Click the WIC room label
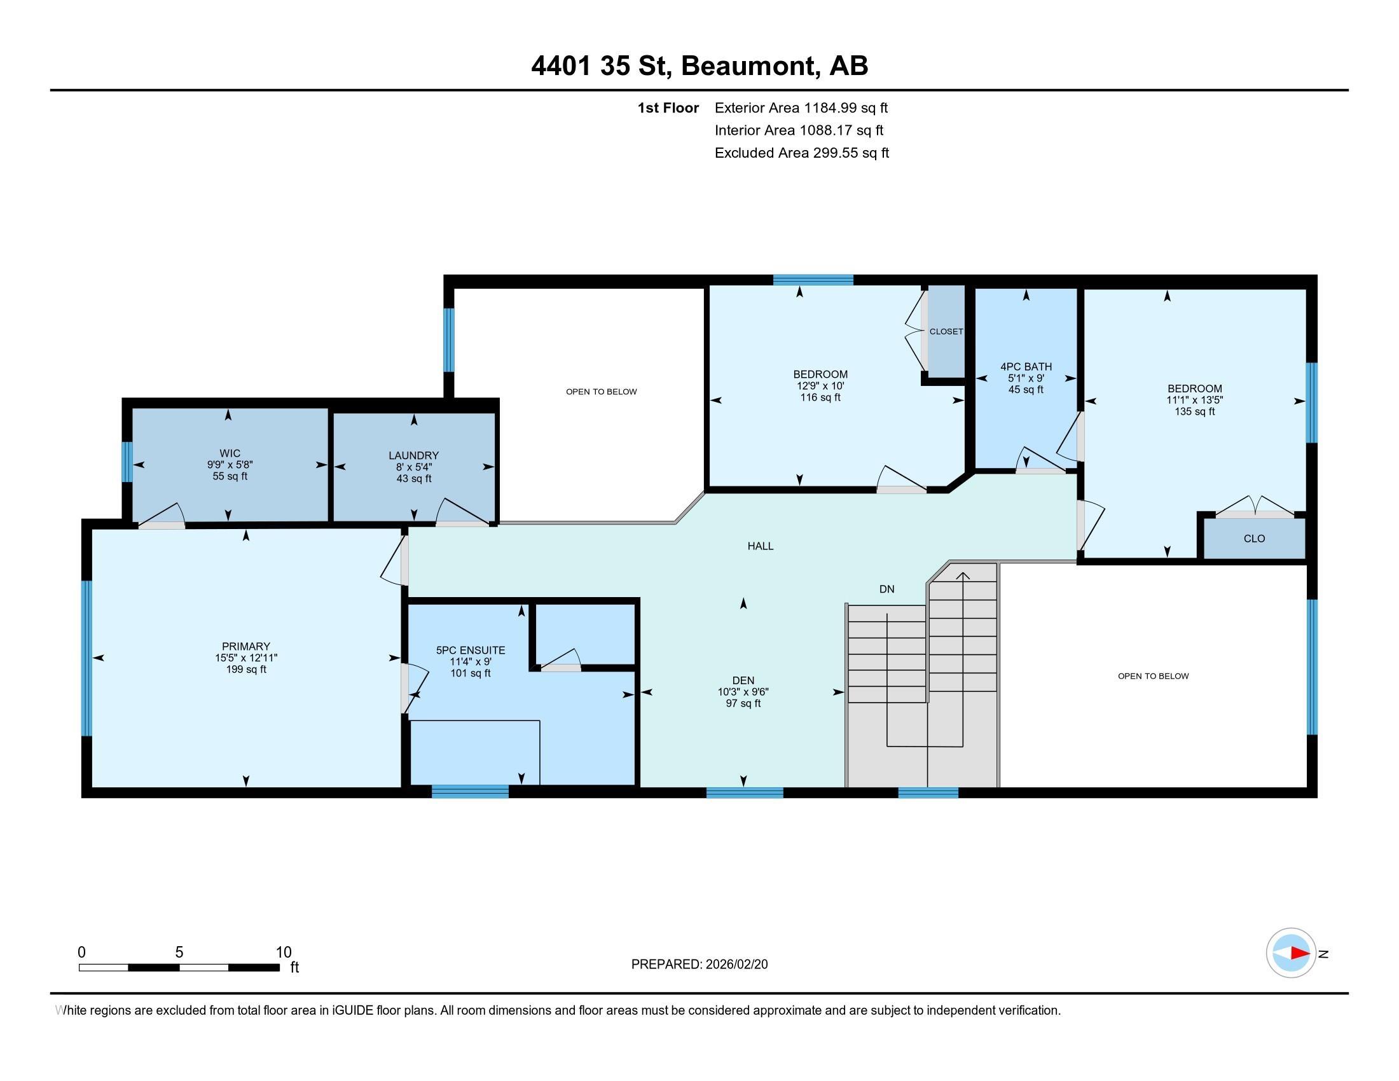230,453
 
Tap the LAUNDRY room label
414,455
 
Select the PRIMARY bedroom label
246,646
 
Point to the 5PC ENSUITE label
471,650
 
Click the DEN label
743,680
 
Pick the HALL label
761,546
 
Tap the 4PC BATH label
1026,366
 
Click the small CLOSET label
946,332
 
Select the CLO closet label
1254,539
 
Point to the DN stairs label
886,589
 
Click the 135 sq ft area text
1195,412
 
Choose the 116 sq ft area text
820,397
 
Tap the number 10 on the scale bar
284,953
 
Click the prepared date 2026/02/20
734,965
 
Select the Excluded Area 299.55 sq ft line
802,153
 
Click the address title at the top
699,66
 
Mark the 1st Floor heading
668,107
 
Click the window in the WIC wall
127,462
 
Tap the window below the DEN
745,792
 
